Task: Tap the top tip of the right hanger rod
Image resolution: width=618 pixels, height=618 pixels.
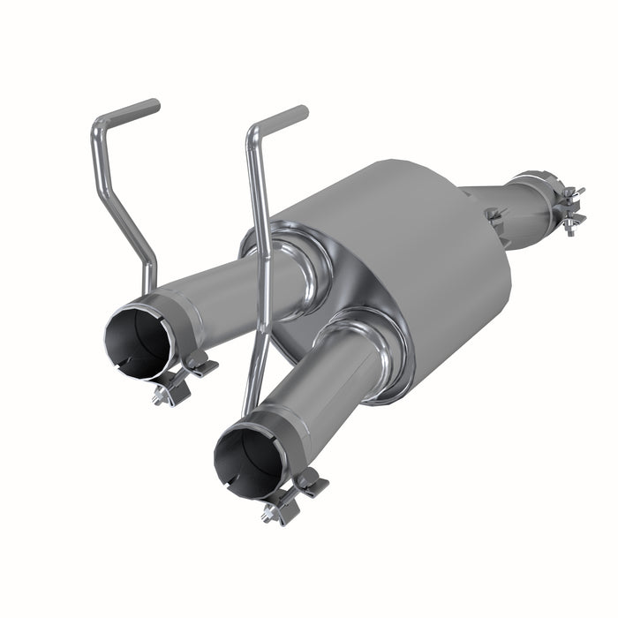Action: pyautogui.click(x=303, y=111)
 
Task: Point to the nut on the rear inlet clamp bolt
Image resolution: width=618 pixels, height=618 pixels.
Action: pyautogui.click(x=569, y=231)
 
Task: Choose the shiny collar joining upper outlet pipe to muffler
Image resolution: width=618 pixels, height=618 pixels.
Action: pyautogui.click(x=300, y=261)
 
